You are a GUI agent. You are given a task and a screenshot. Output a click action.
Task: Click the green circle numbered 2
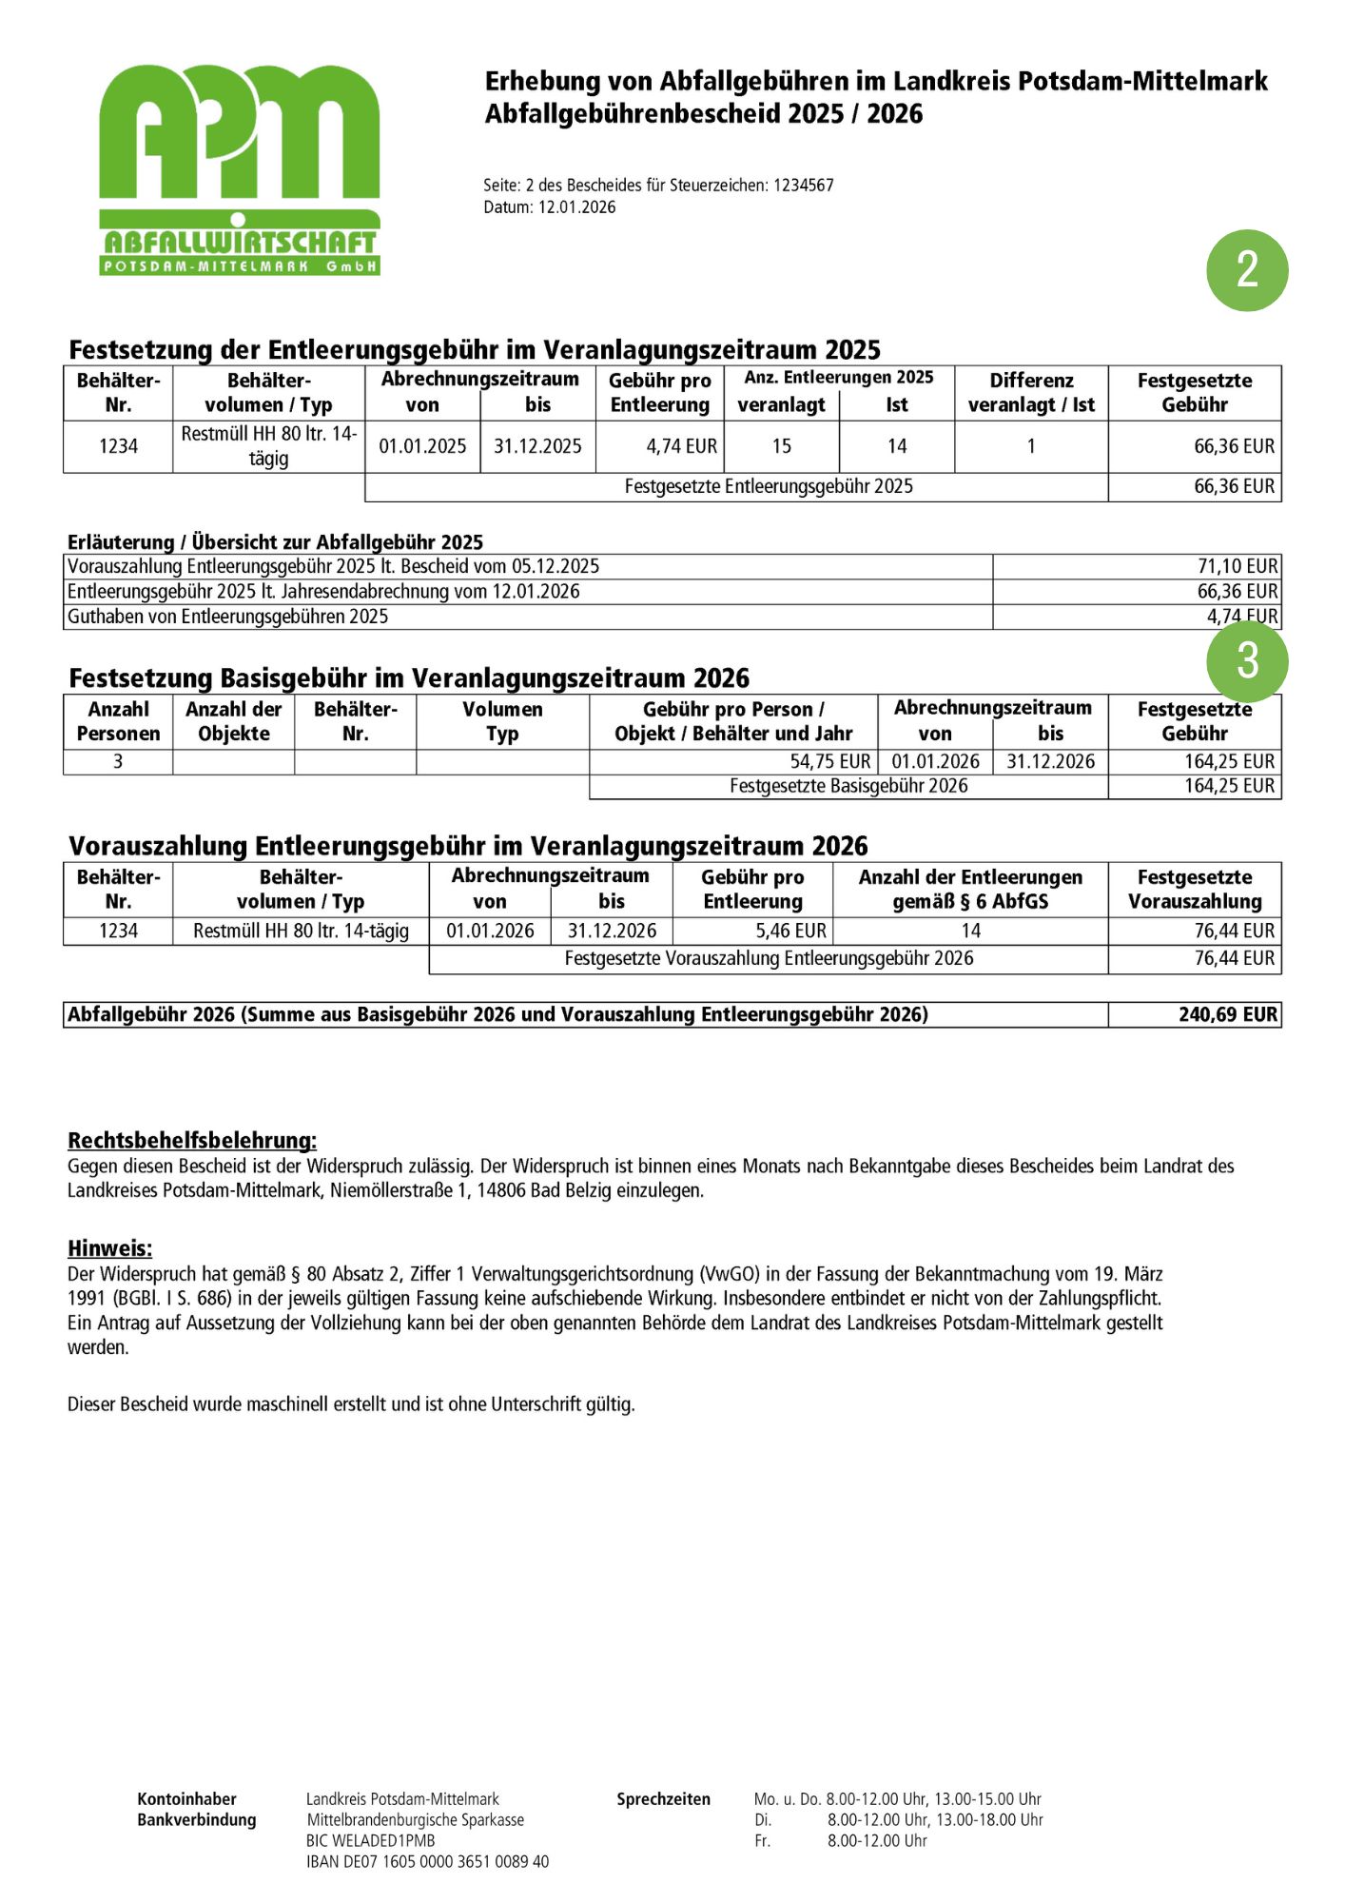click(x=1246, y=270)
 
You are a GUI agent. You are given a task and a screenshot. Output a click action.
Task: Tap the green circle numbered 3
click(x=1246, y=661)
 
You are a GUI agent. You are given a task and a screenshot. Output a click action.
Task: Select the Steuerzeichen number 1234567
click(x=803, y=186)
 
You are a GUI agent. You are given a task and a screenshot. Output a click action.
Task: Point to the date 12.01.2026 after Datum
click(x=576, y=207)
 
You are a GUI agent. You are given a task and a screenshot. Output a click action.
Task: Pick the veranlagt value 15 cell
click(x=781, y=446)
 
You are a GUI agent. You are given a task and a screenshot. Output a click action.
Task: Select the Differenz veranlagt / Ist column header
click(x=1031, y=393)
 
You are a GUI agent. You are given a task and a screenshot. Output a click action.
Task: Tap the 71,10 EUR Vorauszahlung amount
click(x=1237, y=567)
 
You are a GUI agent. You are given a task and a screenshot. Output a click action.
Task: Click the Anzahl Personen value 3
click(x=118, y=762)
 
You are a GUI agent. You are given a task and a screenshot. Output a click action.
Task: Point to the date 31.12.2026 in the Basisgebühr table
click(x=1050, y=762)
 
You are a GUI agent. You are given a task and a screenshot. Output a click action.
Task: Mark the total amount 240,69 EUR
click(x=1227, y=1014)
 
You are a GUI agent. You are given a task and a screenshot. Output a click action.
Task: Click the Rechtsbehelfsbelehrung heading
click(x=192, y=1140)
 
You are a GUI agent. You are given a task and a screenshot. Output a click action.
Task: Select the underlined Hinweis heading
click(x=109, y=1248)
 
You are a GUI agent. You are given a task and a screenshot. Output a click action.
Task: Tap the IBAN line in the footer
click(x=427, y=1861)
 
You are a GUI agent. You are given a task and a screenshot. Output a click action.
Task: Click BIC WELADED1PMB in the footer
click(x=370, y=1840)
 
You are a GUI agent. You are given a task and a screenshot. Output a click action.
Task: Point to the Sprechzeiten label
click(x=663, y=1798)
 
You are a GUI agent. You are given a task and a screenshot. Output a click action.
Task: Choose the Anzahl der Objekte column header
click(x=233, y=721)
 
